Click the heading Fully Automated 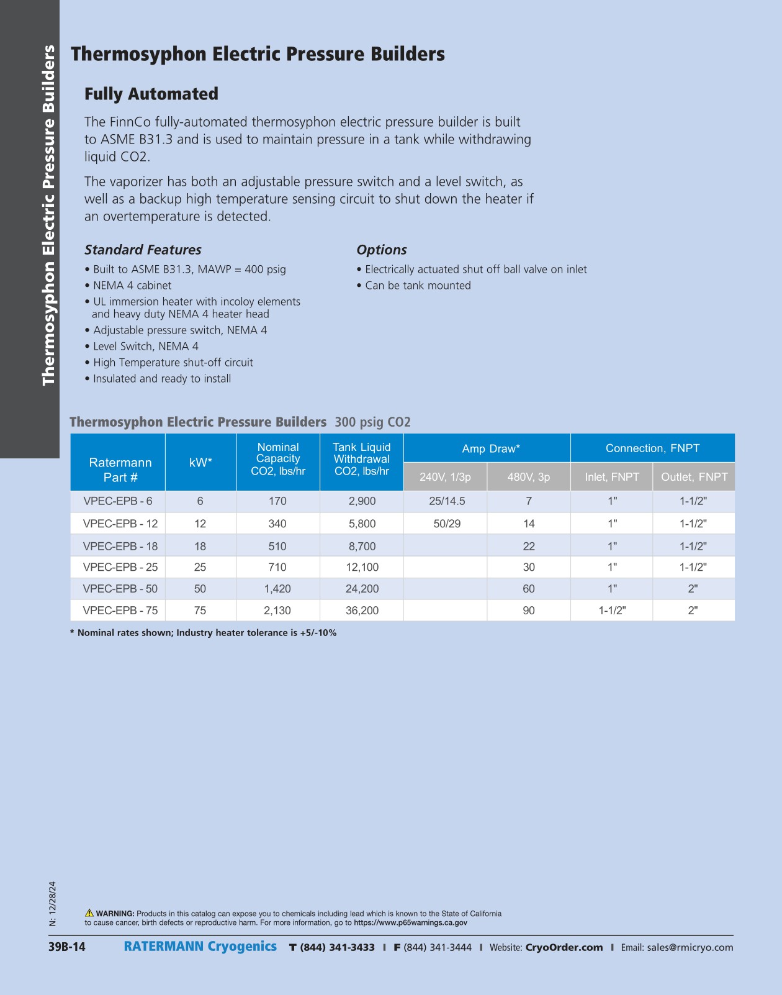[x=151, y=94]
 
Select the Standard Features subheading [x=143, y=250]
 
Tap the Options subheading [x=382, y=250]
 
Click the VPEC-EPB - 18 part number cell [x=120, y=546]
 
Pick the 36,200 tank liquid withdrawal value [x=362, y=611]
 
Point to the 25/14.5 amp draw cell [x=447, y=501]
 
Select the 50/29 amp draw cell [x=447, y=524]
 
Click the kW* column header [x=200, y=462]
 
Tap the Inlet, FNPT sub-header [x=612, y=477]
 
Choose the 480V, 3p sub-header [x=529, y=477]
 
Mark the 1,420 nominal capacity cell [x=277, y=589]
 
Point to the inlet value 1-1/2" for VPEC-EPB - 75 [x=612, y=611]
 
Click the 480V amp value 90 [x=529, y=611]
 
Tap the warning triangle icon [x=89, y=913]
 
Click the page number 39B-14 [x=67, y=947]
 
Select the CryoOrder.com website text [x=564, y=947]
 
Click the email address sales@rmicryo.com [x=690, y=947]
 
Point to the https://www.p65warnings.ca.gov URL [x=410, y=922]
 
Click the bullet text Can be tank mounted [x=418, y=286]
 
